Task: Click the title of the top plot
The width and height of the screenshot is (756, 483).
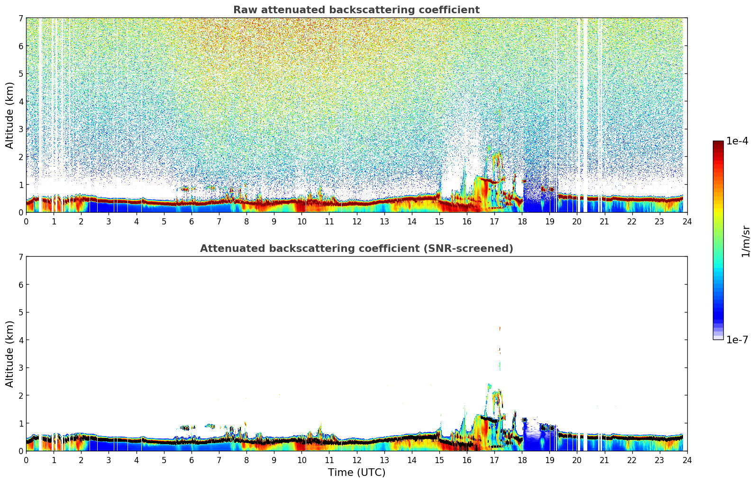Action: tap(356, 10)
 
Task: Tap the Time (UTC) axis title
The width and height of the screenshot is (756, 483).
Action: tap(356, 473)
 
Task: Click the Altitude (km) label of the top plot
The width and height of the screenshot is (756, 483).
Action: tap(10, 115)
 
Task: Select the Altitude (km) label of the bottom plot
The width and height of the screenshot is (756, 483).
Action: tap(10, 354)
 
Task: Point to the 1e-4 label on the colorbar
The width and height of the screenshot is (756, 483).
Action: tap(737, 141)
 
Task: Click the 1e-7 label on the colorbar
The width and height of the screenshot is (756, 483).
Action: tap(737, 340)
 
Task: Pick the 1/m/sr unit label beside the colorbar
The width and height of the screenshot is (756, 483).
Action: tap(746, 241)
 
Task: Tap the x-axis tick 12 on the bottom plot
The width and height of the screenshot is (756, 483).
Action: tap(356, 460)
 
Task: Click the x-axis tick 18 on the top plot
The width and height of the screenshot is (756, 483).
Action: tap(522, 222)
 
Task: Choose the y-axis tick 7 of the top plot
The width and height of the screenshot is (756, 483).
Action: tap(21, 18)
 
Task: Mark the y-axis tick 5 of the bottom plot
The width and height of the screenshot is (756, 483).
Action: tap(21, 313)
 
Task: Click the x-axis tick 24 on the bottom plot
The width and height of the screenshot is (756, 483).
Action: tap(687, 460)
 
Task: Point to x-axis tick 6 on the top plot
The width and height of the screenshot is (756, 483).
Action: tap(191, 222)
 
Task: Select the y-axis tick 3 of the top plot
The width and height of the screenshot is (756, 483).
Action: tap(21, 129)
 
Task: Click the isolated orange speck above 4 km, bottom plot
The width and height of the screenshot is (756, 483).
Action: tap(500, 329)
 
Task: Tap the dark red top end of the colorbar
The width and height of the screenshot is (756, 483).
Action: tap(718, 143)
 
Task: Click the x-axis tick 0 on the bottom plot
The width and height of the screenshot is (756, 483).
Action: tap(26, 460)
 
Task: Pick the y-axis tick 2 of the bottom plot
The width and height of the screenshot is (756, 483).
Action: tap(21, 395)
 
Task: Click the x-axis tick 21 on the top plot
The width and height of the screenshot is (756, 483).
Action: tap(604, 222)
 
